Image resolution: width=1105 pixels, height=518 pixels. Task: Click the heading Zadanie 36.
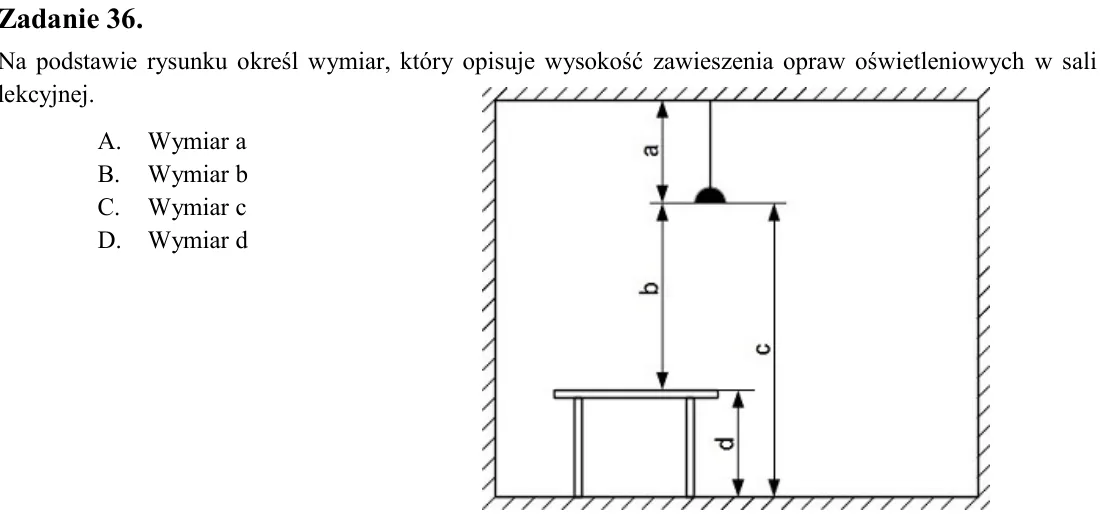coord(71,20)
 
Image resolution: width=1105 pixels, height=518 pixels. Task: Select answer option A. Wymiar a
coord(172,142)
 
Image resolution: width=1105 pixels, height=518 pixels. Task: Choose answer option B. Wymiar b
coord(173,174)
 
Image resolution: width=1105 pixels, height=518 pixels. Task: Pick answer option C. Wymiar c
coord(172,207)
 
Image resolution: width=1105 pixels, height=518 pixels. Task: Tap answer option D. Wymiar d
coord(173,240)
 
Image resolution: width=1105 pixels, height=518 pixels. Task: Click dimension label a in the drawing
coord(652,149)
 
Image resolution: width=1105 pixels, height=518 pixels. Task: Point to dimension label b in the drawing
coord(652,288)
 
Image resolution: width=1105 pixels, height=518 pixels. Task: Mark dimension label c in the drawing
coord(763,347)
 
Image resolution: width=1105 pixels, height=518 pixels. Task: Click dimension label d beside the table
coord(726,443)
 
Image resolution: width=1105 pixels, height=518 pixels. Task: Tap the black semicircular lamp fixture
coord(710,195)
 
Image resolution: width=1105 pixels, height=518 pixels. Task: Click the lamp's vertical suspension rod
coord(710,144)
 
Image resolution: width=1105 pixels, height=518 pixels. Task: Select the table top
coord(636,394)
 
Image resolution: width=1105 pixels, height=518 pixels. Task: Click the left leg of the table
coord(578,448)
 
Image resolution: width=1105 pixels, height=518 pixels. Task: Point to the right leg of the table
coord(690,448)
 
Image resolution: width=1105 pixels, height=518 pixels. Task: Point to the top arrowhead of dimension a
coord(662,109)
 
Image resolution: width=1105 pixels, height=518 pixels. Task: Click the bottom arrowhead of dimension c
coord(774,488)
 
